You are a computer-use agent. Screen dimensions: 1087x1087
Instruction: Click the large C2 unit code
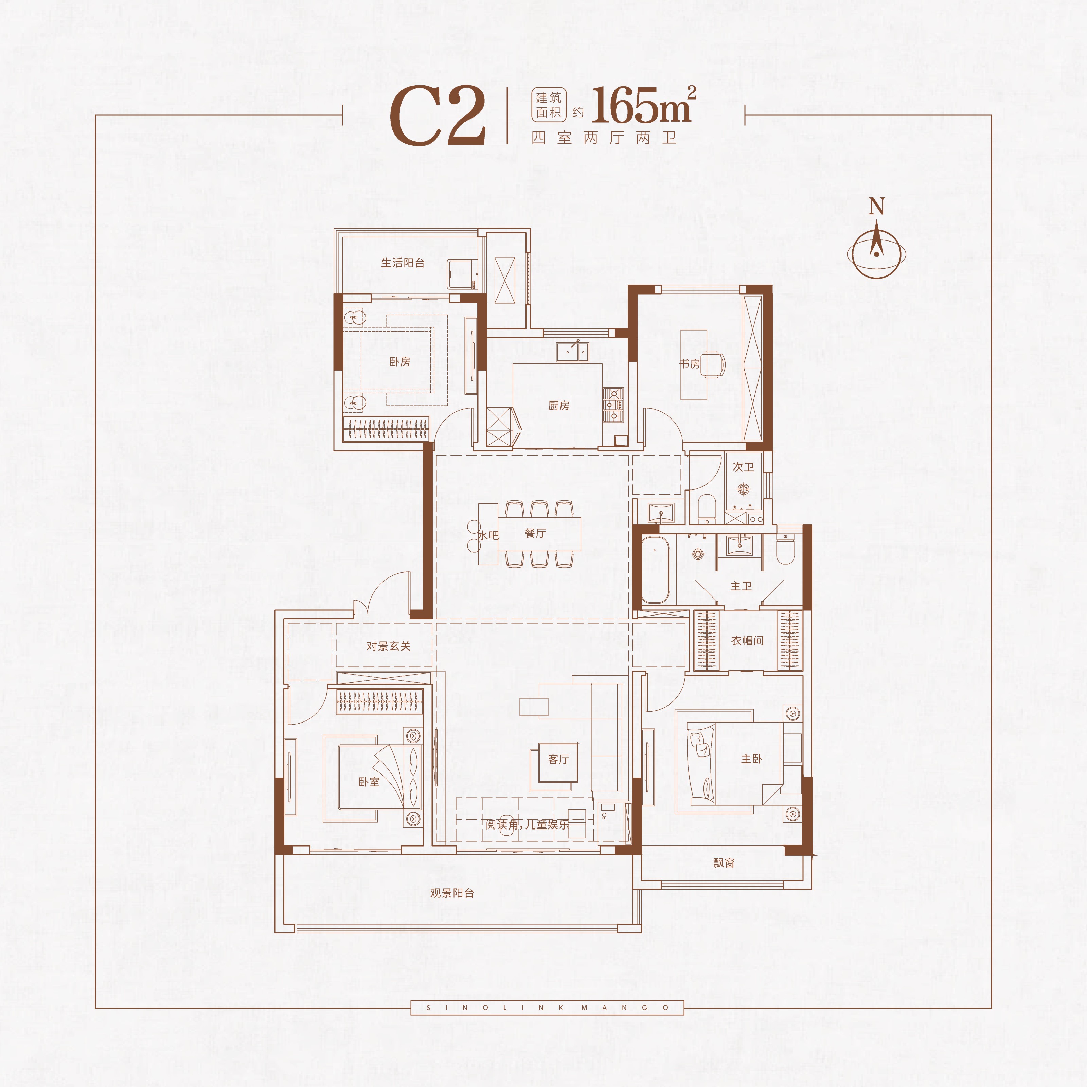438,116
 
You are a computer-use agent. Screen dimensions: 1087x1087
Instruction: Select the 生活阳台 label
403,263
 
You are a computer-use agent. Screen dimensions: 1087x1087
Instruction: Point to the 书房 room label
689,364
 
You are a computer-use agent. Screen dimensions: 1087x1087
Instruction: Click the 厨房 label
559,406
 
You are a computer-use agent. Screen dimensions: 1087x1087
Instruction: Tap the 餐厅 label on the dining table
535,533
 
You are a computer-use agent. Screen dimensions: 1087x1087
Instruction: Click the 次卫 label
743,467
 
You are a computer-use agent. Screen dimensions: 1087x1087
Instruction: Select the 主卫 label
741,586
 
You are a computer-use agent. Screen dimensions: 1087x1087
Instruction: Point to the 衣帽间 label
747,640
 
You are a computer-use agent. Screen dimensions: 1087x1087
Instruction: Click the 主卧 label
752,759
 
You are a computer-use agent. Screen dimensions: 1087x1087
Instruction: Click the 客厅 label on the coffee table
559,759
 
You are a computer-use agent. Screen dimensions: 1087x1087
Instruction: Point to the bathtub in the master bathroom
654,569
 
